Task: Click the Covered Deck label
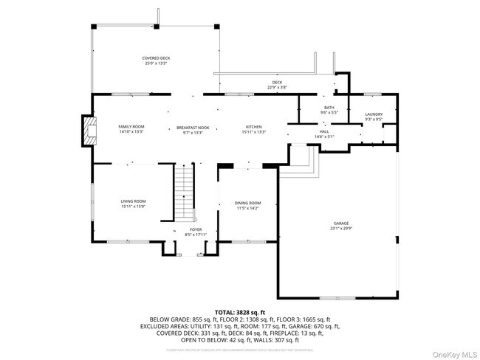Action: (x=156, y=58)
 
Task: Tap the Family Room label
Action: (x=131, y=127)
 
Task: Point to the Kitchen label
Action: (x=254, y=127)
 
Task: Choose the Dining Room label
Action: (x=248, y=203)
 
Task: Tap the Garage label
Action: (x=340, y=223)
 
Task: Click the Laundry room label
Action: (x=374, y=114)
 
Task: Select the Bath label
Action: (x=329, y=108)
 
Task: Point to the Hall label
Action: (x=325, y=131)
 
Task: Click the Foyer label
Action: (x=196, y=230)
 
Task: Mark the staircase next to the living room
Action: (x=182, y=193)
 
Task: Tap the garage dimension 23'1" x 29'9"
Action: (x=340, y=228)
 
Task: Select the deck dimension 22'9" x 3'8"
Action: (x=277, y=87)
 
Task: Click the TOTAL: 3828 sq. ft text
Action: (x=239, y=312)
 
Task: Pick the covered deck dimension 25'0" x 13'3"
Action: (x=156, y=63)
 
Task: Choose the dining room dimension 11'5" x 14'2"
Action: (x=248, y=208)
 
